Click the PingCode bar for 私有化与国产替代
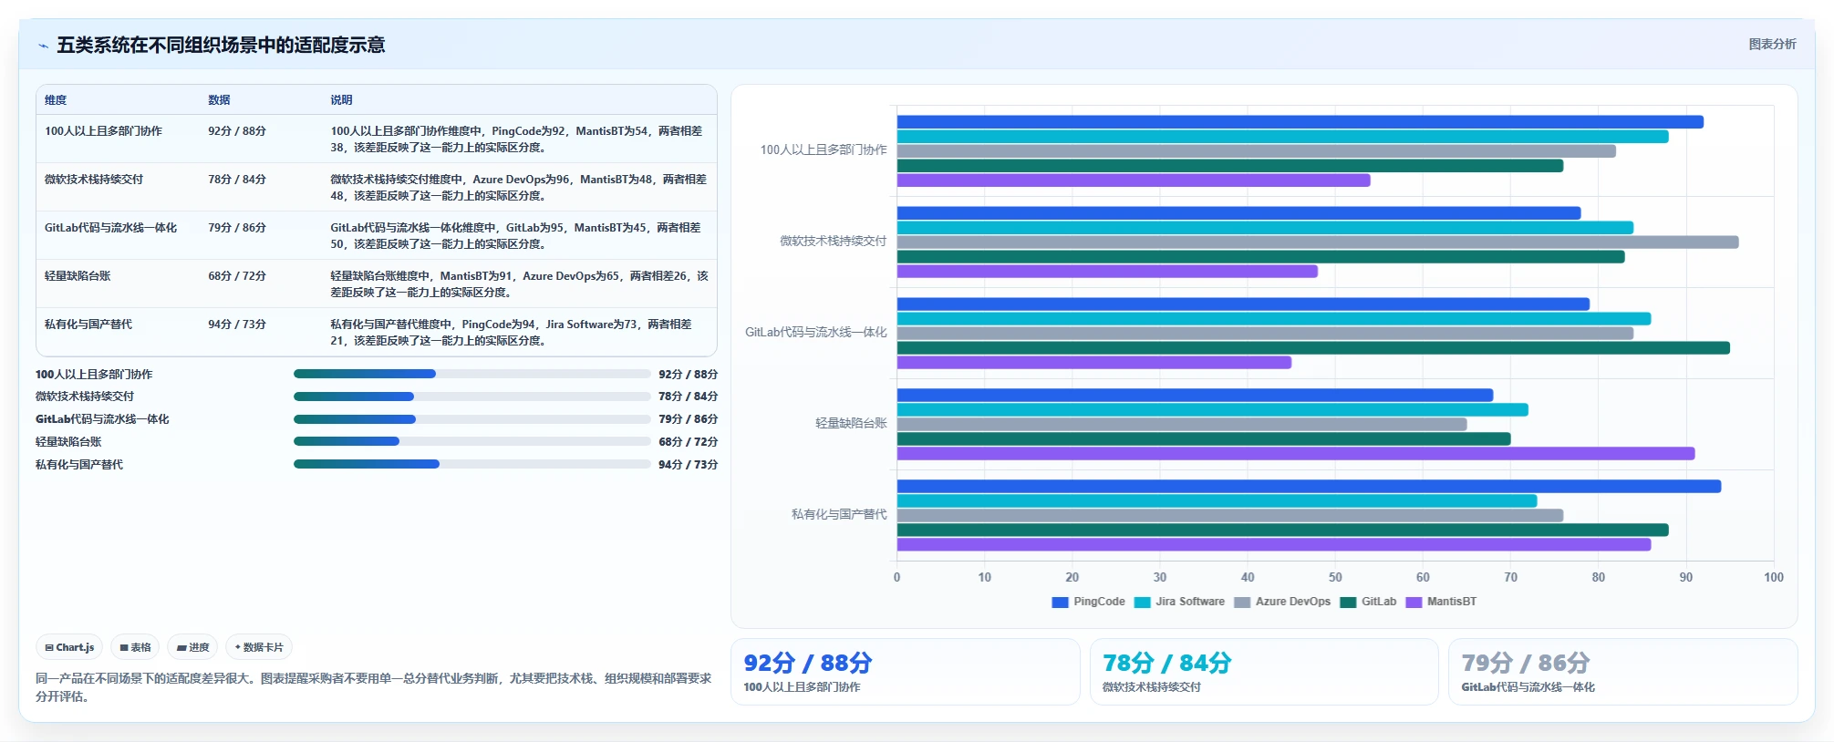[x=1309, y=487]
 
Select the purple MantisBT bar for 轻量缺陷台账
[x=1296, y=454]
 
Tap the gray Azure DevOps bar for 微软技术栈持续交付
[x=1318, y=242]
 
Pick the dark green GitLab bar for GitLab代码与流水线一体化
[x=1313, y=348]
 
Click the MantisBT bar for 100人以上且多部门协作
[x=1134, y=180]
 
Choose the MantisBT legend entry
[x=1442, y=602]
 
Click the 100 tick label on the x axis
[x=1774, y=577]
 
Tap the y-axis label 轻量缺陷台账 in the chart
[x=851, y=423]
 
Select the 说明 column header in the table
[x=341, y=100]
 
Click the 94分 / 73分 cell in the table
[x=237, y=325]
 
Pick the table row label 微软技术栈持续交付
[x=94, y=180]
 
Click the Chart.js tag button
[x=69, y=647]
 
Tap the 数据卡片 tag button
[x=259, y=647]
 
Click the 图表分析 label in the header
[x=1772, y=44]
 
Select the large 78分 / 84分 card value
[x=1166, y=663]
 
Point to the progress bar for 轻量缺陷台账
[x=471, y=441]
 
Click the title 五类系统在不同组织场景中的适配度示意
[x=221, y=45]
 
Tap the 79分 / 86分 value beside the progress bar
[x=688, y=419]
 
